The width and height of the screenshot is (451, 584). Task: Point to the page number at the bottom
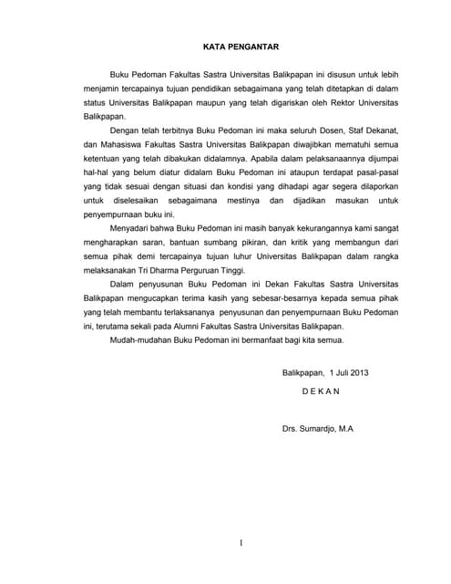(x=241, y=545)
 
